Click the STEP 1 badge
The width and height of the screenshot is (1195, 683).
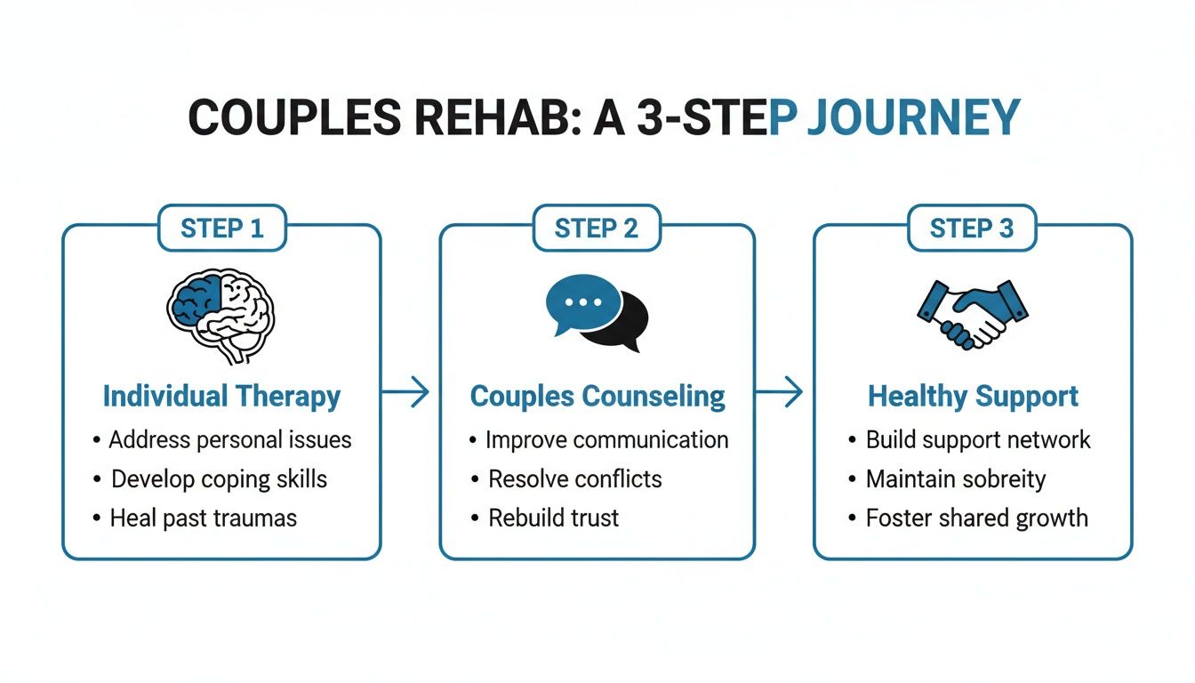[x=221, y=229]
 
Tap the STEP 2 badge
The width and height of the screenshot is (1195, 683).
[x=597, y=229]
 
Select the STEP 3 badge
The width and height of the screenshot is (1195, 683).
[x=971, y=229]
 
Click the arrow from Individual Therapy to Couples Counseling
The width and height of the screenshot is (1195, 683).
[x=405, y=392]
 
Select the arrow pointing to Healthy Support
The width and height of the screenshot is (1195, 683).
[x=780, y=392]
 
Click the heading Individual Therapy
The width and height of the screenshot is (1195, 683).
[x=221, y=396]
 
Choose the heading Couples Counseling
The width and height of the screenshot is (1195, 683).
[x=597, y=396]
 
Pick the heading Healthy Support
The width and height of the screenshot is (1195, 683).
[x=973, y=396]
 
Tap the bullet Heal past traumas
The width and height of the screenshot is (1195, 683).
[x=203, y=518]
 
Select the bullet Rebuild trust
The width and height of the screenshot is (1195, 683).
[x=553, y=518]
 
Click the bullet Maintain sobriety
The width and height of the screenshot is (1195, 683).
[x=955, y=479]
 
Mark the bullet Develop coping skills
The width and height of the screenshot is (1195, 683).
[x=219, y=479]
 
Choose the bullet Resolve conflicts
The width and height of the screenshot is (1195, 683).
[x=574, y=479]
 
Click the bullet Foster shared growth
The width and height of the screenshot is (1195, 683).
[x=976, y=518]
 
